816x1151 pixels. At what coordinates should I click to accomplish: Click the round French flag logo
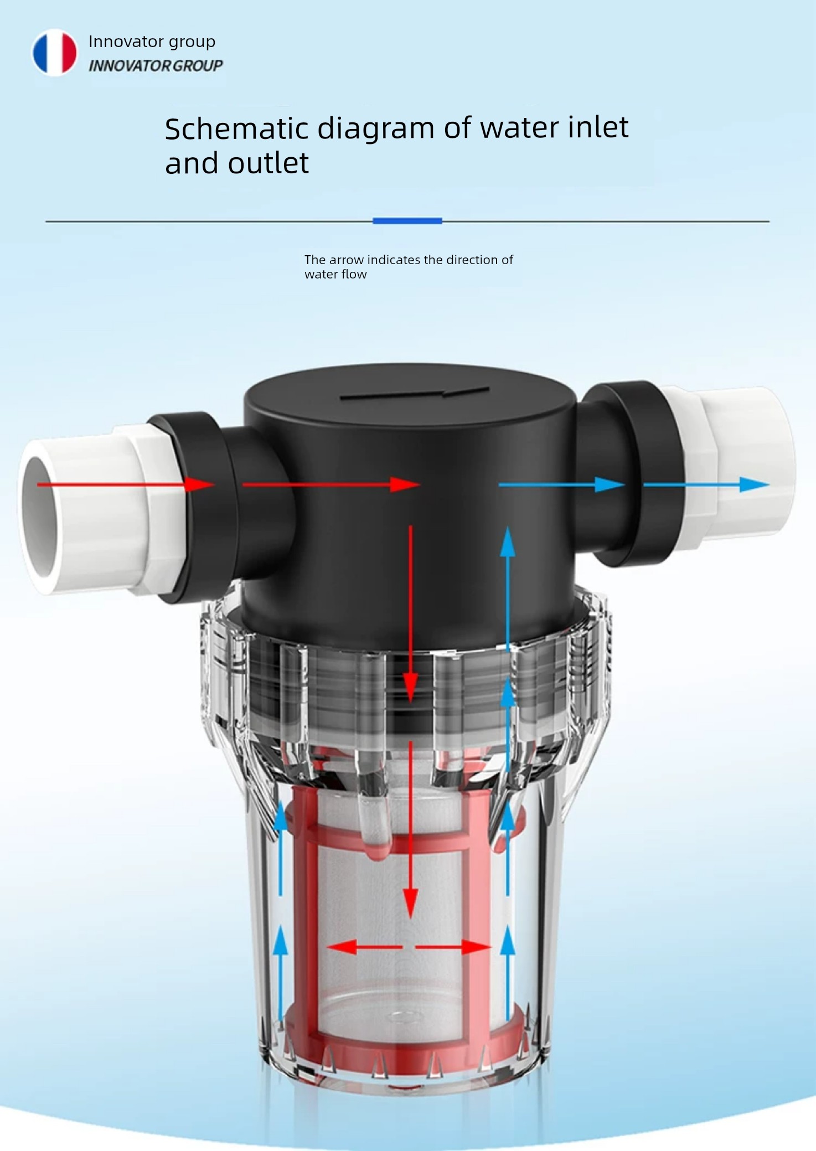(x=54, y=53)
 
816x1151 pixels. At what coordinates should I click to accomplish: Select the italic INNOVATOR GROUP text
(x=156, y=66)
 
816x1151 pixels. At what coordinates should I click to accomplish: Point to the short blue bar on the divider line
(x=407, y=221)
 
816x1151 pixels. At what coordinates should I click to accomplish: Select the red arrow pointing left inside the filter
(x=365, y=947)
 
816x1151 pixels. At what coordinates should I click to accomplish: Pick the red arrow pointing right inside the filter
(x=453, y=947)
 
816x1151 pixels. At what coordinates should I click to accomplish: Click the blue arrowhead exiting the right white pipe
(x=754, y=484)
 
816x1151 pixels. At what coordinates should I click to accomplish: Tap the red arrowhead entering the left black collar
(x=199, y=484)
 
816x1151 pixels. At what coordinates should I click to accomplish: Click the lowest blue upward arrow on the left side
(x=281, y=973)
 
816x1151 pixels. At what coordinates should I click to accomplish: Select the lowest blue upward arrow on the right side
(x=508, y=973)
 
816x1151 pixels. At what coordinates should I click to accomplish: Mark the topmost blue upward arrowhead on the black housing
(x=508, y=541)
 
